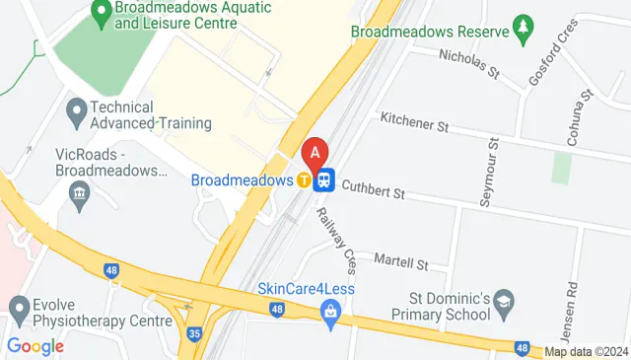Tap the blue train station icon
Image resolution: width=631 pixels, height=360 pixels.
[324, 180]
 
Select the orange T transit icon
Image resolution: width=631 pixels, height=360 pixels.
[305, 180]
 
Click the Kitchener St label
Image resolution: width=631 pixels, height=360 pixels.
[414, 126]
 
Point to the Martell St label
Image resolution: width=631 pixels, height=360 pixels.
[401, 264]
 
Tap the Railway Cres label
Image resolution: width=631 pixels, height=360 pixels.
[335, 241]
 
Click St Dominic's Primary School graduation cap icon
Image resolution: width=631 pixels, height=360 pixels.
[504, 299]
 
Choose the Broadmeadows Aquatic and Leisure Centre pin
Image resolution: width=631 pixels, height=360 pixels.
[99, 14]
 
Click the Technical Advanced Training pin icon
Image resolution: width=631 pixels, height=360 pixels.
[75, 115]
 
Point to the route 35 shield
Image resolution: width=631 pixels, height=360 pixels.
[195, 334]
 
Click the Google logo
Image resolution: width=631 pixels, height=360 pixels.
[35, 346]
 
